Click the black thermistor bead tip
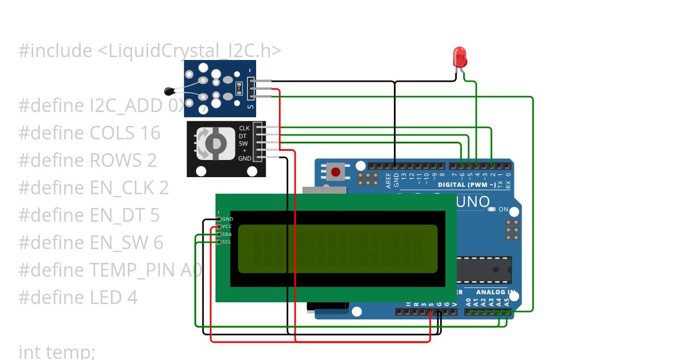[169, 90]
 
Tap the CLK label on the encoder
[244, 129]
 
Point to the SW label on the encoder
[244, 143]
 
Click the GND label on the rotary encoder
[245, 158]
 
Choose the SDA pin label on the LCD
[227, 234]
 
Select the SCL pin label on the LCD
[227, 242]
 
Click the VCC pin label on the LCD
[227, 227]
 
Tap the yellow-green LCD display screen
[337, 249]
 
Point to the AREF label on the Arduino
[389, 181]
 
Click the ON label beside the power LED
[503, 210]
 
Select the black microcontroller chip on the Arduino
[484, 269]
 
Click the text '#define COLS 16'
[89, 133]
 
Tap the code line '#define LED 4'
[78, 298]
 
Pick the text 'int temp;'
[57, 351]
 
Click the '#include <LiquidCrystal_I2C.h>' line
[150, 51]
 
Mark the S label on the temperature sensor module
[250, 107]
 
